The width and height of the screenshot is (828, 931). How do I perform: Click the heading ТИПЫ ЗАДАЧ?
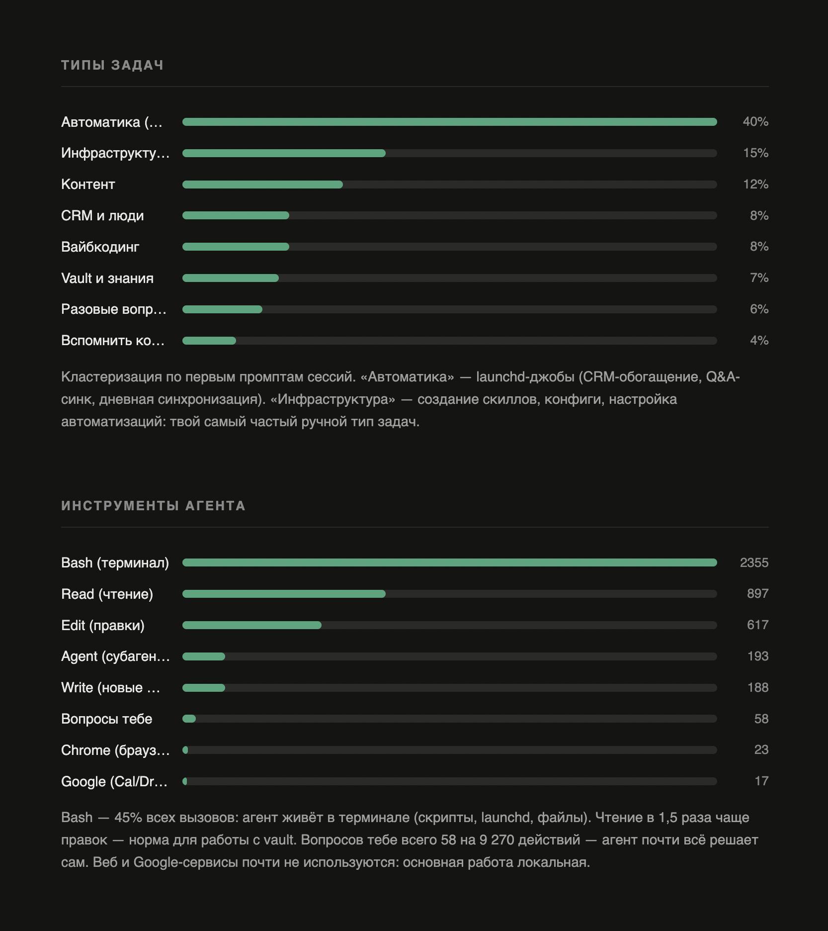(112, 65)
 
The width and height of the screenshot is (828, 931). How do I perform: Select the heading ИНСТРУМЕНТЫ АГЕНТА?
(154, 506)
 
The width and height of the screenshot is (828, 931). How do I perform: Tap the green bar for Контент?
(262, 185)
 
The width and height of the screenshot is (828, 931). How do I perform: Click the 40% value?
(755, 122)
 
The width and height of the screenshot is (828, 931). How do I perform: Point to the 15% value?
(756, 153)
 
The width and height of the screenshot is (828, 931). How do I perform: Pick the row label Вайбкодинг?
(100, 247)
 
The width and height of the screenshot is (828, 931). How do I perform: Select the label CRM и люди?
(102, 216)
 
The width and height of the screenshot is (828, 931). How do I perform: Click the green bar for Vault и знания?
(231, 278)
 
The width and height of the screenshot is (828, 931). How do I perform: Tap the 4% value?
(759, 341)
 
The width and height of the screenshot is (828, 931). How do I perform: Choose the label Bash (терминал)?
(115, 563)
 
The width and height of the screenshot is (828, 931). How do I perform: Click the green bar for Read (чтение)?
(284, 594)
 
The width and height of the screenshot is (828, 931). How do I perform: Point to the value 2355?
(754, 562)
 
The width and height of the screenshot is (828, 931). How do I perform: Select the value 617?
(758, 625)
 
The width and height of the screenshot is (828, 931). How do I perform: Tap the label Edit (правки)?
(103, 626)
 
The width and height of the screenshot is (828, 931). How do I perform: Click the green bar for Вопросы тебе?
(189, 719)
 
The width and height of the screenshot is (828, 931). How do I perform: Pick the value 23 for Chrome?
(761, 750)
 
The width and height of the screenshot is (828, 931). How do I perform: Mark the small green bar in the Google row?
(185, 781)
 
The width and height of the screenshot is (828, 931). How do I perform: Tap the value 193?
(758, 656)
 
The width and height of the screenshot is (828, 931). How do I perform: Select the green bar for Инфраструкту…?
(284, 153)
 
